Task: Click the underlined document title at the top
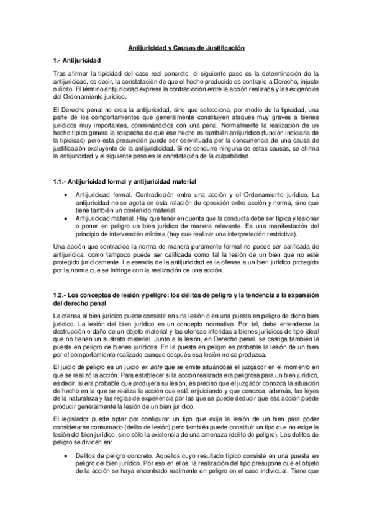(186, 47)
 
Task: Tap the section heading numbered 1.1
(124, 181)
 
